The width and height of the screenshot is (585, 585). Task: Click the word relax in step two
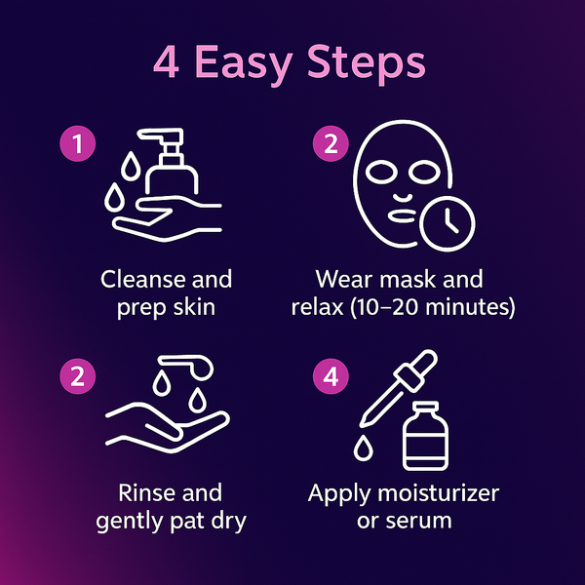(321, 309)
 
